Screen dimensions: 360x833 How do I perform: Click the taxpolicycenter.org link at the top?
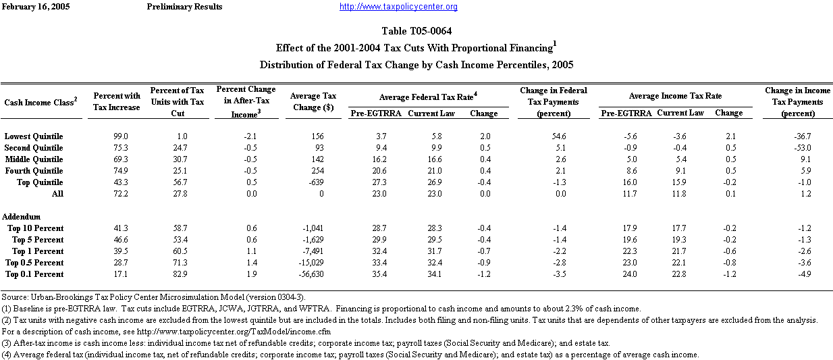tap(398, 7)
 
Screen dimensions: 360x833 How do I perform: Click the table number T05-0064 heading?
tap(416, 31)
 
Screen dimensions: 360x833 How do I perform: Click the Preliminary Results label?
tap(184, 7)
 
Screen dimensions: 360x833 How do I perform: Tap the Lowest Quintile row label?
tap(34, 136)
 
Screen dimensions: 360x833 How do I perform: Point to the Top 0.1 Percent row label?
tap(34, 274)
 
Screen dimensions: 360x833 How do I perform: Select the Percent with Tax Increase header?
tap(117, 102)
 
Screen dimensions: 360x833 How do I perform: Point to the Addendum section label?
tap(22, 217)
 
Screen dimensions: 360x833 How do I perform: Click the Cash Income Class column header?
tap(41, 101)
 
